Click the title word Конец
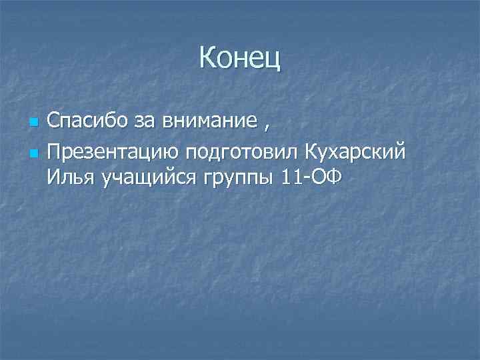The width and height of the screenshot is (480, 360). pyautogui.click(x=240, y=59)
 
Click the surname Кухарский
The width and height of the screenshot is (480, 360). pyautogui.click(x=355, y=153)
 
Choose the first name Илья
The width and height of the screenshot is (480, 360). pyautogui.click(x=71, y=178)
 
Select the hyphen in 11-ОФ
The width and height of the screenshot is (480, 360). pyautogui.click(x=302, y=179)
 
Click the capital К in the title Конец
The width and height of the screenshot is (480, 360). pyautogui.click(x=207, y=59)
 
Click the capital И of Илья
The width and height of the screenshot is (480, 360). pyautogui.click(x=53, y=178)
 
